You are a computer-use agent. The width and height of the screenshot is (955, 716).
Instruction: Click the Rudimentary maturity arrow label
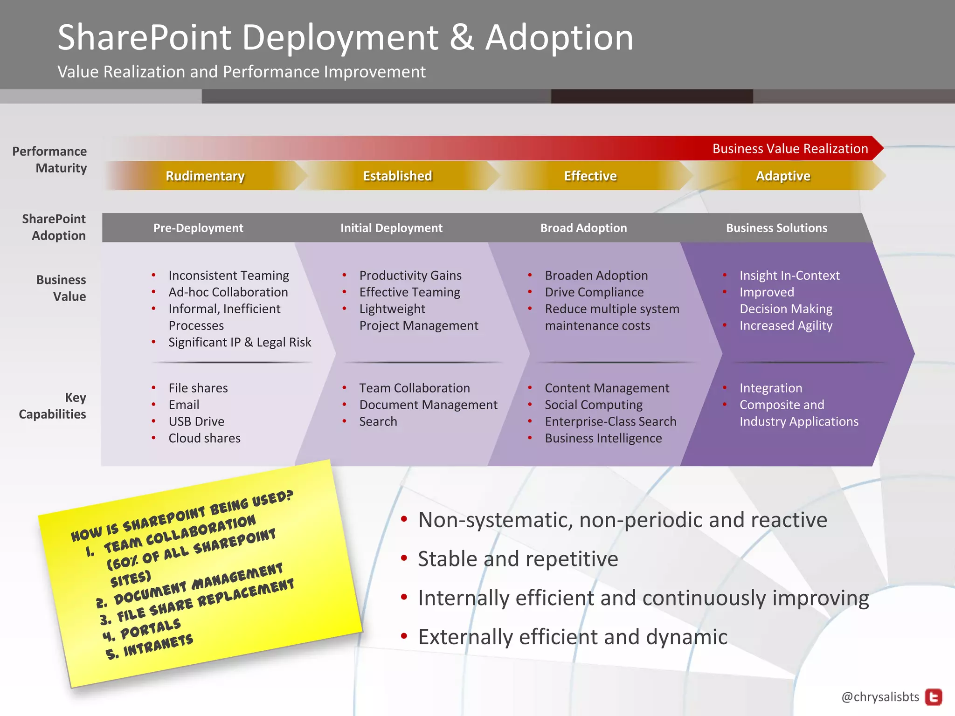pos(205,176)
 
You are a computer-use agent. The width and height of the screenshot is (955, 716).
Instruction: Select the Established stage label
pos(397,176)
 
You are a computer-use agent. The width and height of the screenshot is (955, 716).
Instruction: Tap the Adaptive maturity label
pos(783,176)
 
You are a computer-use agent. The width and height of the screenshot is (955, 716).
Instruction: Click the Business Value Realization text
pos(790,149)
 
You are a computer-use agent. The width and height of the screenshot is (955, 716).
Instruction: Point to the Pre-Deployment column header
pos(198,228)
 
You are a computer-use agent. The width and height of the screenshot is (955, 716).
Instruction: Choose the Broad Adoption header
pos(583,228)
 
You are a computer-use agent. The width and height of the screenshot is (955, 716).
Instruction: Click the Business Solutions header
pos(776,228)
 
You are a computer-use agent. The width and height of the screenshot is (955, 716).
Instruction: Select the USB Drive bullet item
pos(196,421)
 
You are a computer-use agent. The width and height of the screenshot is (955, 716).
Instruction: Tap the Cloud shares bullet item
pos(204,438)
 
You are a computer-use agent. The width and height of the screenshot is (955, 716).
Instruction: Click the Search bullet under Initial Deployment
pos(378,421)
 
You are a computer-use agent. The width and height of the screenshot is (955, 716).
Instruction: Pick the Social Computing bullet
pos(593,405)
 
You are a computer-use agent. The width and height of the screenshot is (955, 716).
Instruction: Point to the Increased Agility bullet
pos(786,325)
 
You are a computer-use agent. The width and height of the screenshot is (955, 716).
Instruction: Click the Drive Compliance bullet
pos(594,292)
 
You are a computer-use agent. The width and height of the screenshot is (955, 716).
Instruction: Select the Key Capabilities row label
pos(53,406)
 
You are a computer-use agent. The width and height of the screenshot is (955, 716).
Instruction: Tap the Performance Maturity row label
pos(50,159)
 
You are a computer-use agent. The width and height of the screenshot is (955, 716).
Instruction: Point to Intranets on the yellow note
pos(158,646)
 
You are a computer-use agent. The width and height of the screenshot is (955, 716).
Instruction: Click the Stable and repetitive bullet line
pos(518,559)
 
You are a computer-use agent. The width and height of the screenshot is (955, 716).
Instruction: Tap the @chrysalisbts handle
pos(880,697)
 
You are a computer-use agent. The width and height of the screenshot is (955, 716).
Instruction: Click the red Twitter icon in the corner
pos(934,697)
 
